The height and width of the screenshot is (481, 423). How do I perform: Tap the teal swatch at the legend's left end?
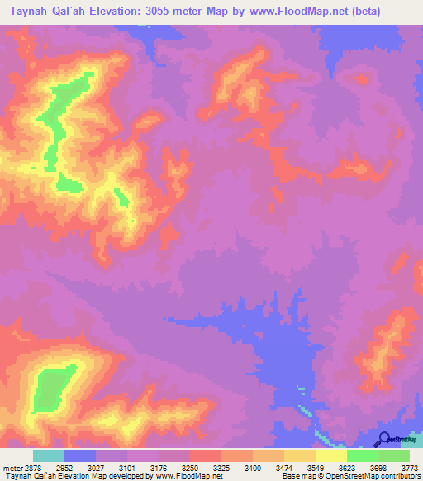click(x=49, y=455)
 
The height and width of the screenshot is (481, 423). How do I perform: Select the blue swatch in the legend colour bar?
click(x=80, y=455)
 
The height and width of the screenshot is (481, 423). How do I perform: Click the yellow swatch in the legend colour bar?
click(x=331, y=455)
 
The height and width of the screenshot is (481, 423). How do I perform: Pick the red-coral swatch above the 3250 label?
click(x=206, y=455)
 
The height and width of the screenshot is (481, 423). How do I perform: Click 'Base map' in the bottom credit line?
click(x=297, y=476)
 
